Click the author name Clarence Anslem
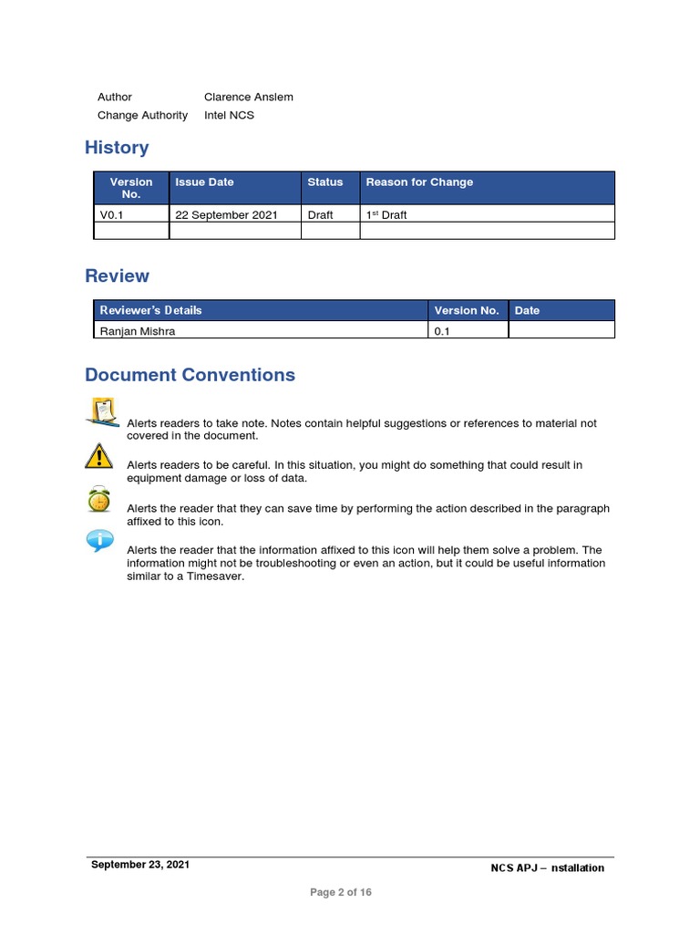(x=248, y=97)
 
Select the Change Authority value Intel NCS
(x=229, y=115)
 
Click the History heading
(x=117, y=148)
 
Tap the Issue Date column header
(x=204, y=182)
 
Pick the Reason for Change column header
(x=419, y=182)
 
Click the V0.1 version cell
(x=110, y=215)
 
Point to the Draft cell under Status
(x=320, y=215)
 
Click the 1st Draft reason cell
(x=386, y=215)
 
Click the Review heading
(x=117, y=275)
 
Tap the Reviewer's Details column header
(x=151, y=310)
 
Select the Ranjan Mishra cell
(x=138, y=331)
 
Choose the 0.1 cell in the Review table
(x=442, y=331)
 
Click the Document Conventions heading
(x=190, y=375)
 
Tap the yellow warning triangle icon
(x=98, y=455)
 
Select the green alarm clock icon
(x=98, y=499)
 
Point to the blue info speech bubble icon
(x=99, y=542)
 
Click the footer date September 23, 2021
(x=140, y=865)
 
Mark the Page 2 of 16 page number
(x=341, y=892)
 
